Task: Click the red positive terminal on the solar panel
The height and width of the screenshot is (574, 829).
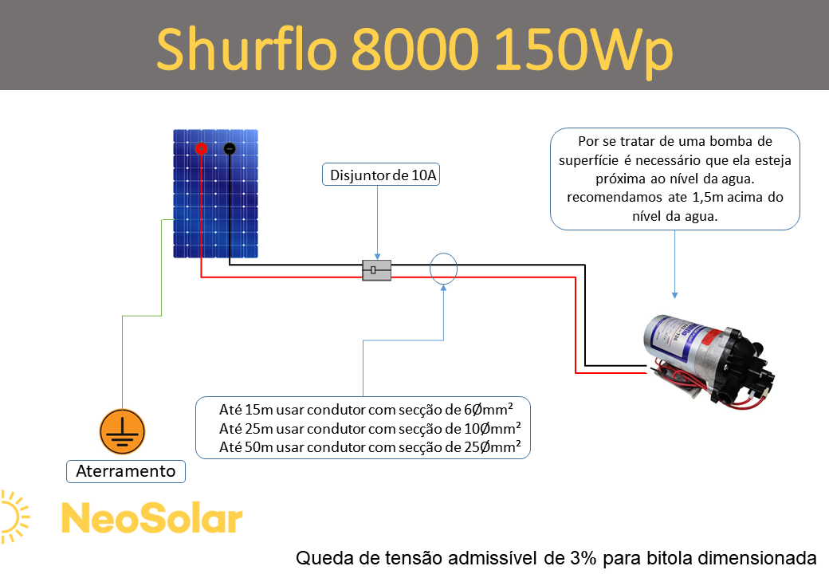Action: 201,148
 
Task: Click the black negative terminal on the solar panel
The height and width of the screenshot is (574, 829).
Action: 230,149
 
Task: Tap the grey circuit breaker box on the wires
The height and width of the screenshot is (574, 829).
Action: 376,270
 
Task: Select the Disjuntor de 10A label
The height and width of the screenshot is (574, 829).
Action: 381,175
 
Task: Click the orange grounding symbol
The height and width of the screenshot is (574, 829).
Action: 122,431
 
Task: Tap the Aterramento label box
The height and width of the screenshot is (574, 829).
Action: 126,471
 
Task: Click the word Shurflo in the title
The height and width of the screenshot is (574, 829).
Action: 247,49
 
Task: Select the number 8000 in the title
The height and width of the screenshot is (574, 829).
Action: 415,49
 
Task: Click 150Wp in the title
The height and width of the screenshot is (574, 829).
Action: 583,51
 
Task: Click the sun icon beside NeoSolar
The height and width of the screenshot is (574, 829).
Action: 15,517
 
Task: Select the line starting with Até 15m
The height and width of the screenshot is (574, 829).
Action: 366,409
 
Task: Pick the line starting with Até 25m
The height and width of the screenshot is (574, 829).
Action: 370,428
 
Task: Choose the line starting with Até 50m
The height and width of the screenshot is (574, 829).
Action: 370,447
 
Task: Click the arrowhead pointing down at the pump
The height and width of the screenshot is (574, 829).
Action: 674,295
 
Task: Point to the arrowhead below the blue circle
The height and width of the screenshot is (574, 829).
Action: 443,288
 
